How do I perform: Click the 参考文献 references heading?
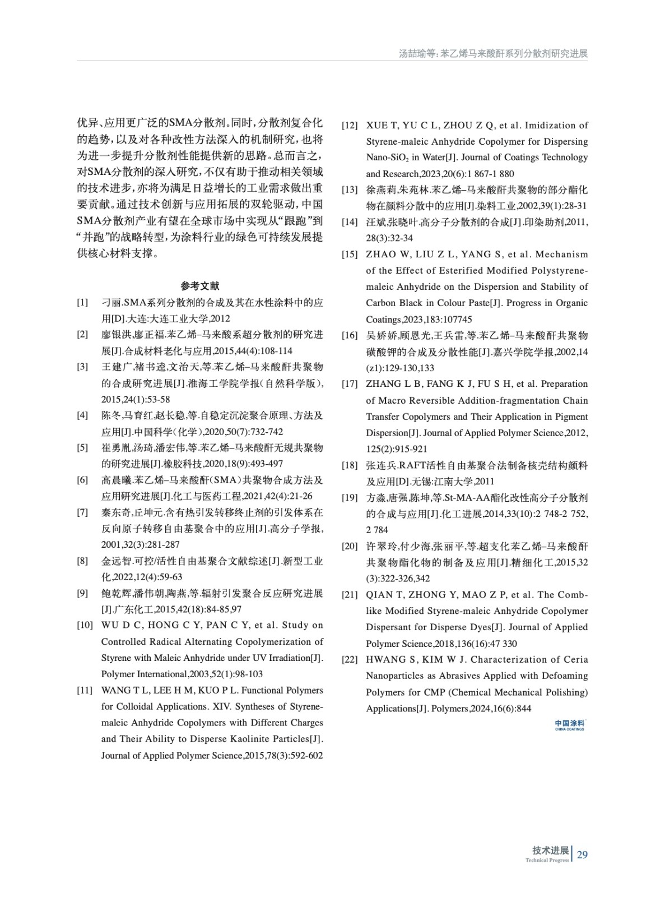(x=200, y=286)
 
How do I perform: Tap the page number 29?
(x=583, y=855)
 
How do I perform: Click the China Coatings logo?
(x=569, y=725)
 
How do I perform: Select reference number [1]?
(x=82, y=303)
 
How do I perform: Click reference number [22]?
(x=350, y=660)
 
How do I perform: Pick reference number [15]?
(x=350, y=255)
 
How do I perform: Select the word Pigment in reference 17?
(x=571, y=417)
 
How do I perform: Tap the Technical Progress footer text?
(x=547, y=861)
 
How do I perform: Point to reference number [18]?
(x=350, y=465)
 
